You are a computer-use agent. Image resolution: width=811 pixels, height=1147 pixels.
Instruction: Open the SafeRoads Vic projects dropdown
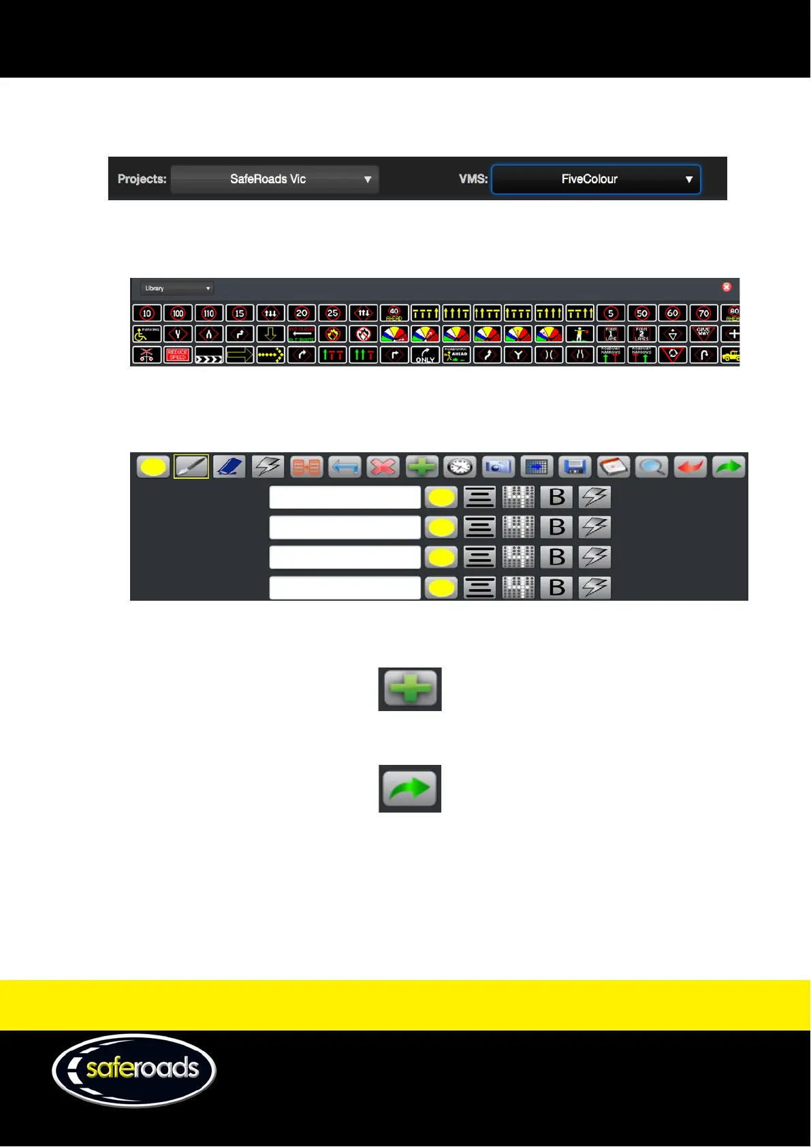coord(274,180)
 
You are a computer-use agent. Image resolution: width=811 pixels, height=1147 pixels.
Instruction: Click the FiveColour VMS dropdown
coord(596,180)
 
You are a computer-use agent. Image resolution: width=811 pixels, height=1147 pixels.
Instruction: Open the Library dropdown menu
coord(177,289)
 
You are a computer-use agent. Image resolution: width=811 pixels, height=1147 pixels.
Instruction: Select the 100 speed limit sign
coord(178,313)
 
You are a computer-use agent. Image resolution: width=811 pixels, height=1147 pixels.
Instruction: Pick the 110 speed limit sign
coord(209,313)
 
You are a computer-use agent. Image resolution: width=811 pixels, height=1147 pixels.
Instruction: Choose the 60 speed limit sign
coord(673,313)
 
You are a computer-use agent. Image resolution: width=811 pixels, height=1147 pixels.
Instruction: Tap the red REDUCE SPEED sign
coord(178,355)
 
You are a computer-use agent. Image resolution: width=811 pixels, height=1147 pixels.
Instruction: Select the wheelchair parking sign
coord(146,334)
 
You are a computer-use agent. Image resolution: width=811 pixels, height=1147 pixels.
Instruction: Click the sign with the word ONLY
coord(425,355)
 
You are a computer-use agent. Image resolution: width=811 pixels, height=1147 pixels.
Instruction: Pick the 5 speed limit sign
coord(611,313)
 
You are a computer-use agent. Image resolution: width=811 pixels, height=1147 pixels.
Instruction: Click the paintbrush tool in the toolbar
coord(191,467)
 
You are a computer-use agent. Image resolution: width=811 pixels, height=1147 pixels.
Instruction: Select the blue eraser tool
coord(229,467)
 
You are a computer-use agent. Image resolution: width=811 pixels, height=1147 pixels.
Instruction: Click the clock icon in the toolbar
coord(460,467)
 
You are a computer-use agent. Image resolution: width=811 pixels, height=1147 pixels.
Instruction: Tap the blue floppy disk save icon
coord(575,467)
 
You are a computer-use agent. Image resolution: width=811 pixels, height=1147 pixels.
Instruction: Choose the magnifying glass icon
coord(652,467)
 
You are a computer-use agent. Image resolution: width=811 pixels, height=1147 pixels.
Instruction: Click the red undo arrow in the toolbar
coord(690,467)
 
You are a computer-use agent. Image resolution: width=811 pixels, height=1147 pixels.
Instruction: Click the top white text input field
coord(345,497)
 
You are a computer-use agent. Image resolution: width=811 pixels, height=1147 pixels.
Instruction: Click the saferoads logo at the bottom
coord(134,1070)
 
